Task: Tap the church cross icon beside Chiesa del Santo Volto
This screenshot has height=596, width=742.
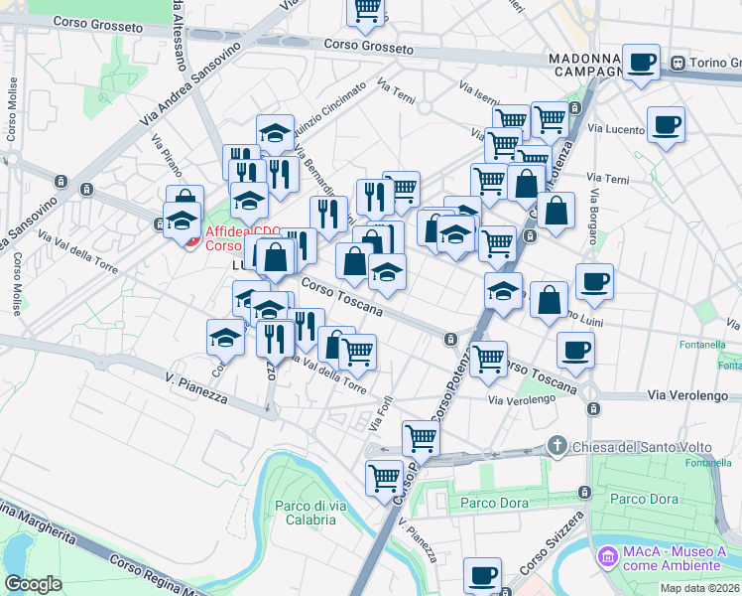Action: click(x=558, y=445)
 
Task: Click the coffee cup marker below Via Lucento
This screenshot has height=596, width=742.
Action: click(x=666, y=125)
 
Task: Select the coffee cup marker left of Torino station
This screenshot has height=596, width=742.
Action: click(x=641, y=63)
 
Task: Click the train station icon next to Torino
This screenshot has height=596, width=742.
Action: click(x=678, y=63)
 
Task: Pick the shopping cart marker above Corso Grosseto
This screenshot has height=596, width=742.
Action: click(x=367, y=11)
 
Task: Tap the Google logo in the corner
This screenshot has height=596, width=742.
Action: click(x=33, y=584)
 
